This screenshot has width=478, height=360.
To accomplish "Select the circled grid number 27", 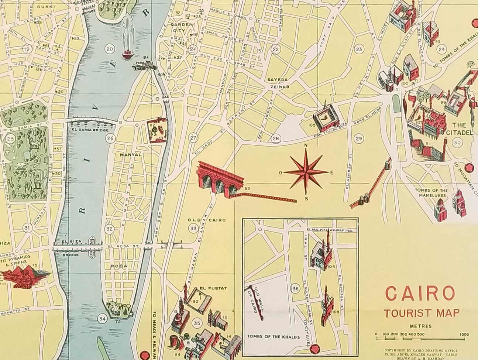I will click(193, 138).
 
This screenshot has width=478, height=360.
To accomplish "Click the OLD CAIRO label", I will click(207, 220).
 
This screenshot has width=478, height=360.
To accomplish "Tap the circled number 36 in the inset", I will click(295, 288).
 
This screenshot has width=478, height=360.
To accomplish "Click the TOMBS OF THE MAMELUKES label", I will click(431, 193).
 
